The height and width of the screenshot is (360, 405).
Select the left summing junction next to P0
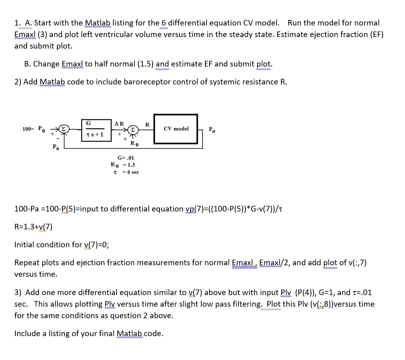64,129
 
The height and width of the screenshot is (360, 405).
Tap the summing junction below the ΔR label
133,129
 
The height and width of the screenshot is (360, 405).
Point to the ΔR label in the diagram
119,124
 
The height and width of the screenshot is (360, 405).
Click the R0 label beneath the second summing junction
134,143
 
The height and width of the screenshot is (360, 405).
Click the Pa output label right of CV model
212,129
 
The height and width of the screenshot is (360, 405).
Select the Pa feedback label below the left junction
56,147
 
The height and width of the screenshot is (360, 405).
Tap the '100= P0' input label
33,129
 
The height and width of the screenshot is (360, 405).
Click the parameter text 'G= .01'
126,158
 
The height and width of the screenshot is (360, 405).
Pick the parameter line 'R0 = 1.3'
123,165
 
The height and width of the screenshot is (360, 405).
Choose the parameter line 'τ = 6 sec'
126,172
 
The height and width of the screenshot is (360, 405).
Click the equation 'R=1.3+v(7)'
33,227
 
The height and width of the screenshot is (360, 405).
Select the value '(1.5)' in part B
146,64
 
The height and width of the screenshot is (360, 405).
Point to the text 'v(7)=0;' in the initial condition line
97,245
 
